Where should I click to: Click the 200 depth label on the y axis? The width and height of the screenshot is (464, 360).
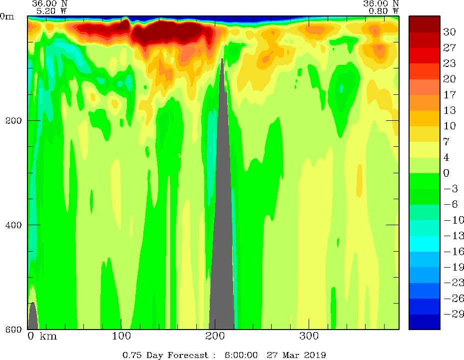pyautogui.click(x=10, y=121)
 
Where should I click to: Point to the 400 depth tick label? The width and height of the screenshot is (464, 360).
pyautogui.click(x=10, y=225)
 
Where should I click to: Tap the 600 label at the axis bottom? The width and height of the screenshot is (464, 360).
pyautogui.click(x=10, y=329)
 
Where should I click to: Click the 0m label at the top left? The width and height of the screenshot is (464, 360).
pyautogui.click(x=7, y=16)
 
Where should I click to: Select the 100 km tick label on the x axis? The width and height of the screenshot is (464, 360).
pyautogui.click(x=121, y=336)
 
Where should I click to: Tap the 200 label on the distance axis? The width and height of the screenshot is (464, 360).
pyautogui.click(x=215, y=336)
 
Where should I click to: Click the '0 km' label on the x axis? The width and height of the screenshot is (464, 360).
pyautogui.click(x=42, y=336)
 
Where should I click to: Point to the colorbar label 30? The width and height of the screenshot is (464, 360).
pyautogui.click(x=450, y=32)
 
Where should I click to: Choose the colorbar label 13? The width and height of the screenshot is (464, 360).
pyautogui.click(x=450, y=110)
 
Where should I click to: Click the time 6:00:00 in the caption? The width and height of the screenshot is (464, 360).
pyautogui.click(x=241, y=355)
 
